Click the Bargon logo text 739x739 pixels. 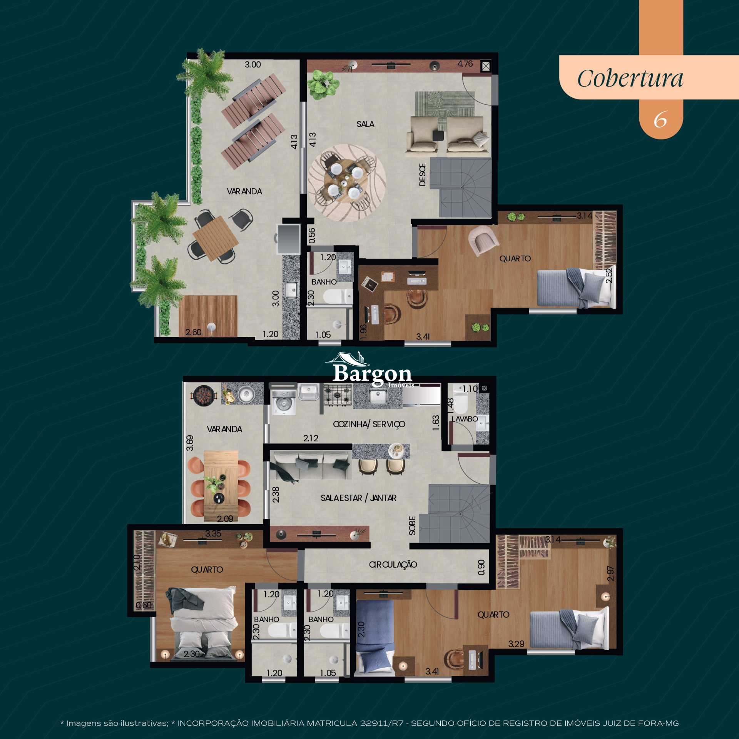(372, 373)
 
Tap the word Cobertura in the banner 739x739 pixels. (630, 79)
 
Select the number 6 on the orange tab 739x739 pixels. (660, 120)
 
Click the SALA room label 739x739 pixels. (365, 124)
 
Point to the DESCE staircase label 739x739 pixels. (422, 175)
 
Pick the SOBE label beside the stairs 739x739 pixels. (412, 525)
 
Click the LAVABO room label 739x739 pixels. (465, 419)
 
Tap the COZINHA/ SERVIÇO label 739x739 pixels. (369, 424)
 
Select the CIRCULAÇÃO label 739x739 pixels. (393, 564)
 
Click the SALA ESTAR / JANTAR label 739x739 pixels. (358, 498)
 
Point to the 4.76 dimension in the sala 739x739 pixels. (465, 64)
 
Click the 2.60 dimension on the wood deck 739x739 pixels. (193, 332)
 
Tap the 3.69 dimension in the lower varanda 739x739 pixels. (190, 443)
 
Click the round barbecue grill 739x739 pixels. (204, 395)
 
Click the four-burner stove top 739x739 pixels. (338, 395)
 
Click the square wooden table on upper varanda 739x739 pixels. (216, 238)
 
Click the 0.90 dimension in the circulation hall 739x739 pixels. (481, 567)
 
